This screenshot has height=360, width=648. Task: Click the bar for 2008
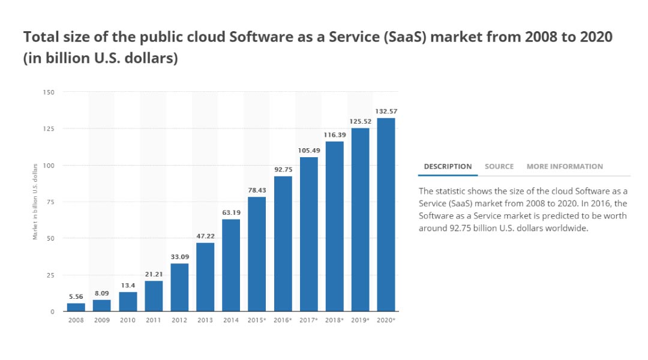[76, 307]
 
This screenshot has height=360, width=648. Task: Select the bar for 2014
[231, 265]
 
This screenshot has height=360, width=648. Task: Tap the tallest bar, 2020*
[386, 215]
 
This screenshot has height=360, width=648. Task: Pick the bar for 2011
[154, 296]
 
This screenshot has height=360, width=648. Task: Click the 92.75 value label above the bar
[283, 170]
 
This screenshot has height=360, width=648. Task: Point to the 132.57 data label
[386, 112]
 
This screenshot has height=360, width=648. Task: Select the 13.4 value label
[128, 286]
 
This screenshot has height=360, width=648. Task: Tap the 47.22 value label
[205, 236]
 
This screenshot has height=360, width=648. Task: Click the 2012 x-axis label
[179, 320]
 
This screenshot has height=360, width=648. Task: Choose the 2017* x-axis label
[308, 320]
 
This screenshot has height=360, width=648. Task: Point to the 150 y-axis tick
[49, 92]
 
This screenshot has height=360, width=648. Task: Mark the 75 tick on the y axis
[50, 202]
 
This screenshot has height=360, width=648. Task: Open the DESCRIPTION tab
[448, 166]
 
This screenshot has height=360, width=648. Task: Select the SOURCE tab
[499, 166]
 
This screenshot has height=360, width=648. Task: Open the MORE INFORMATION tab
[565, 166]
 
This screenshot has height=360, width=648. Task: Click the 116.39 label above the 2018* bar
[334, 136]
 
